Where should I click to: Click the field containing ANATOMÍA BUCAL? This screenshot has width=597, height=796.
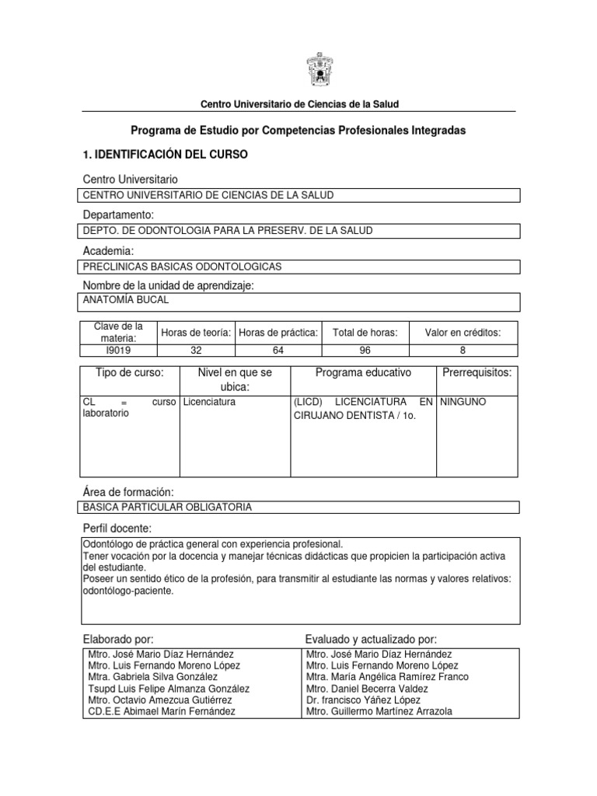[125, 298]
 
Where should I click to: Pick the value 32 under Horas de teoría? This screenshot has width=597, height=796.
[196, 350]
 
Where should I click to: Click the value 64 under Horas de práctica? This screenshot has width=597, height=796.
[278, 350]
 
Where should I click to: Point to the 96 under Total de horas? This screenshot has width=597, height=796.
[365, 350]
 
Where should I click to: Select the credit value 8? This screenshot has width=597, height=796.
[463, 350]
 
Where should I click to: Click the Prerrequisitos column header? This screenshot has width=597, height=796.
[477, 372]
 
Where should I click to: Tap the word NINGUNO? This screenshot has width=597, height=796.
[463, 402]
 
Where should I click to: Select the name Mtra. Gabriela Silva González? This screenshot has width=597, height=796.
[155, 677]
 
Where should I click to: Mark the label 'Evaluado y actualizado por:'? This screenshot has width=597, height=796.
[371, 638]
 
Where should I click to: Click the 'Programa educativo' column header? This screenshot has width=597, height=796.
[363, 372]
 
